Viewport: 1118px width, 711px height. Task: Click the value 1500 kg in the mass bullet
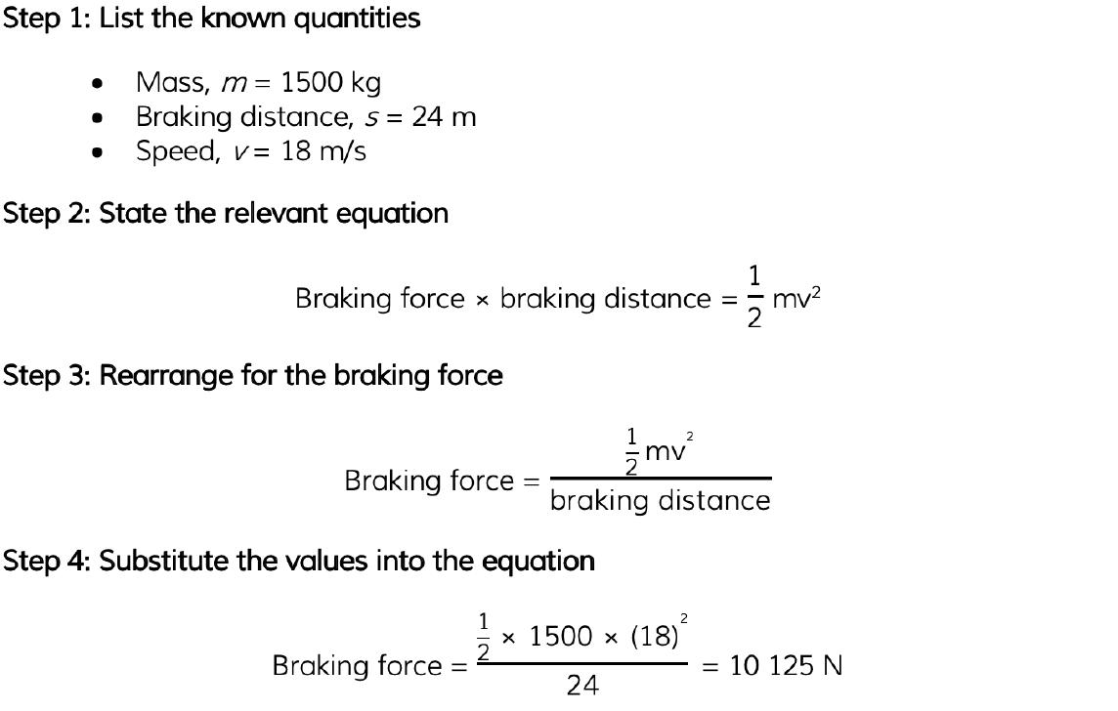click(x=331, y=83)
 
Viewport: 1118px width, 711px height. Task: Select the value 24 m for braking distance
click(x=444, y=116)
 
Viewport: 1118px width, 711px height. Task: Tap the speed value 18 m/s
click(x=323, y=151)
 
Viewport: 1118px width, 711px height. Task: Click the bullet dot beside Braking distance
click(x=98, y=117)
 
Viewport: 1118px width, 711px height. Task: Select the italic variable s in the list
click(x=371, y=118)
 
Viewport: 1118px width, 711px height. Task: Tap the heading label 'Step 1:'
click(x=47, y=18)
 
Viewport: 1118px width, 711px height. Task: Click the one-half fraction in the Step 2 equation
click(x=754, y=297)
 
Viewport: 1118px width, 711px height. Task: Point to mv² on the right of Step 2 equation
click(x=796, y=298)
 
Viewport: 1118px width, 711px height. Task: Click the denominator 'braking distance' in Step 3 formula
click(x=661, y=501)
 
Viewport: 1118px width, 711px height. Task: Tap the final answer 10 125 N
click(x=786, y=666)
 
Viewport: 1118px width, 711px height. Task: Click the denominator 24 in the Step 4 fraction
click(x=582, y=686)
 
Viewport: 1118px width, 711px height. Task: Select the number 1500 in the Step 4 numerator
click(x=560, y=636)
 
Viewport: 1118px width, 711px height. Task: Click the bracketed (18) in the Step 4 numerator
click(x=655, y=636)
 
